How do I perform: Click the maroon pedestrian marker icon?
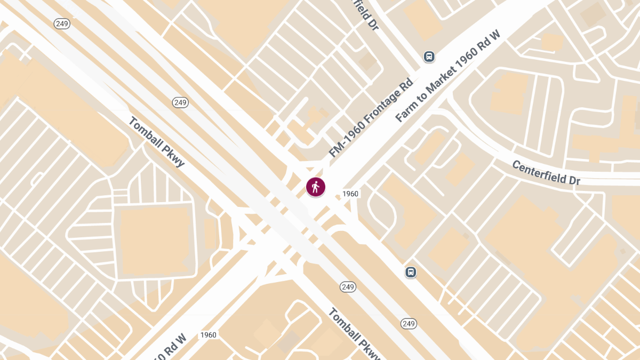click(x=315, y=187)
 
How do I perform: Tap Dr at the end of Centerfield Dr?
click(x=573, y=181)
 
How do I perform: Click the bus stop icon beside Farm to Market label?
click(x=429, y=56)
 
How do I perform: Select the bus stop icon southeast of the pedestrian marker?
click(x=411, y=272)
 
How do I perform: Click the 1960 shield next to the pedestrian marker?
click(x=350, y=194)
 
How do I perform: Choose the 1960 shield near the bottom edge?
click(x=208, y=335)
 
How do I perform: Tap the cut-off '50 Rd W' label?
click(x=169, y=347)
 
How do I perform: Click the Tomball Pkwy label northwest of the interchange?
click(x=156, y=141)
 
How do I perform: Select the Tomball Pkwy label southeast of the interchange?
click(x=355, y=334)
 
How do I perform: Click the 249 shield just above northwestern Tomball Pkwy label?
click(x=180, y=102)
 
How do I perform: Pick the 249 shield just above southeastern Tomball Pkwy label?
click(x=348, y=287)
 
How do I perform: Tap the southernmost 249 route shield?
click(x=409, y=324)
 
